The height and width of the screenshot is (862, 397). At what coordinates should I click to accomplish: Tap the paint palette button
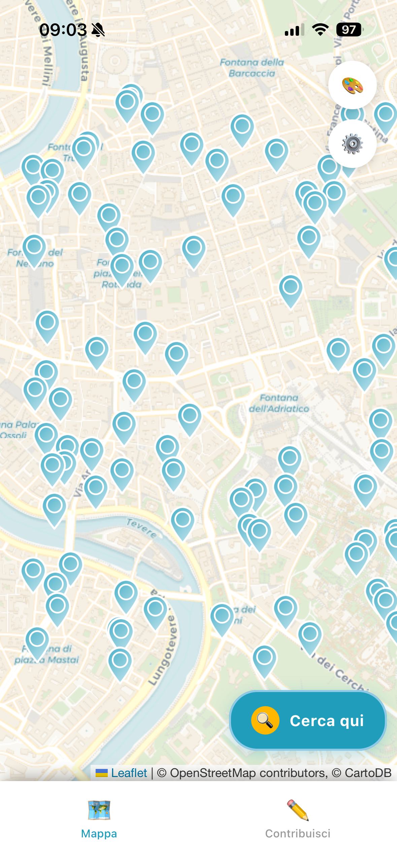pos(352,85)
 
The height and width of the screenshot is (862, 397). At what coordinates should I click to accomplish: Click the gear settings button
pos(352,144)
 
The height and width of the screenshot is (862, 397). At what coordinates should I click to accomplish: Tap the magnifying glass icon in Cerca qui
pos(265,720)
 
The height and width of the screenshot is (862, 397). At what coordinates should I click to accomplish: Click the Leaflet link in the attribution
pos(129,773)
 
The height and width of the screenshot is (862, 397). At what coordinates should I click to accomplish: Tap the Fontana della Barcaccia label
pos(252,68)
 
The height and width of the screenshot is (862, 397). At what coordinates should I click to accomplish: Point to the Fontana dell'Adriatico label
pos(279,403)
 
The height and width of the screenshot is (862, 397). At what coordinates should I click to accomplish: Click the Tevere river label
pos(142,528)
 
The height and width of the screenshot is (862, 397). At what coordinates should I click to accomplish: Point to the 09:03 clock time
pos(63,30)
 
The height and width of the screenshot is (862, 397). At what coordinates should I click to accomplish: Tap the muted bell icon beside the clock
pos(98,30)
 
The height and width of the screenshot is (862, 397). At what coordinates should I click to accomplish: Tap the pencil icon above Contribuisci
pos(298,810)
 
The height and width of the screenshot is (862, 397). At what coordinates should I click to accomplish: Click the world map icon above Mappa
pos(99,810)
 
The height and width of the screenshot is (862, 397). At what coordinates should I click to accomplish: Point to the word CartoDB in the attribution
pos(368,773)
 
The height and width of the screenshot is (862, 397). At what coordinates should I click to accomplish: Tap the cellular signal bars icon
pos(294,30)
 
